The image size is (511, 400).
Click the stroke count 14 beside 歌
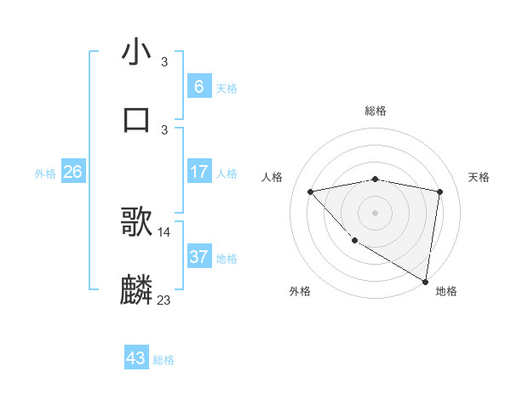[x=164, y=231]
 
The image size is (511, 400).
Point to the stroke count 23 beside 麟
[x=164, y=300]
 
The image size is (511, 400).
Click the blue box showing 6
[x=198, y=86]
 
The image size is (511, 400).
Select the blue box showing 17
[x=198, y=172]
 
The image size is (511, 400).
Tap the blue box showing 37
[x=198, y=256]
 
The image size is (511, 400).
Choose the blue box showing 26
[x=72, y=172]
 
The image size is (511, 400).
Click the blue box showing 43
[x=136, y=358]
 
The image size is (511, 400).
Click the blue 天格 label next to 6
[x=227, y=89]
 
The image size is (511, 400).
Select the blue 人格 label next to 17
[x=227, y=174]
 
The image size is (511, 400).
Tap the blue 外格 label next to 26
[x=45, y=174]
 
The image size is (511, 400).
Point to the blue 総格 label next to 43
[x=164, y=360]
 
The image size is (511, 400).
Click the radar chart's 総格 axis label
[x=376, y=111]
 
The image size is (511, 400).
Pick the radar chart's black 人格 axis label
[x=273, y=177]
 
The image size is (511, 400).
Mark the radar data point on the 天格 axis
[x=440, y=191]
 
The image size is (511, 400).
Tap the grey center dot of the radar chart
[x=375, y=212]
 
